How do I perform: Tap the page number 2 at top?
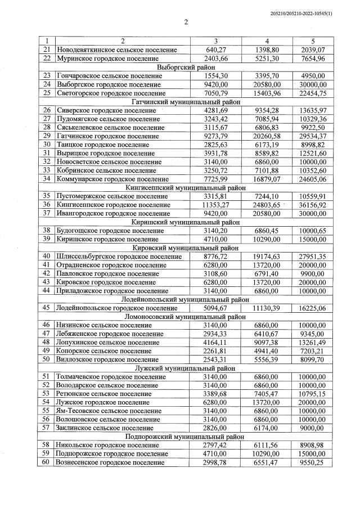pyautogui.click(x=186, y=23)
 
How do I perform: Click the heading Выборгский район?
pyautogui.click(x=186, y=66)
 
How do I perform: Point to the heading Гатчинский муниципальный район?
pyautogui.click(x=186, y=102)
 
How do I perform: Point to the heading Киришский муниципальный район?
pyautogui.click(x=186, y=222)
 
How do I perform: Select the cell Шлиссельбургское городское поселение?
pyautogui.click(x=119, y=257)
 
